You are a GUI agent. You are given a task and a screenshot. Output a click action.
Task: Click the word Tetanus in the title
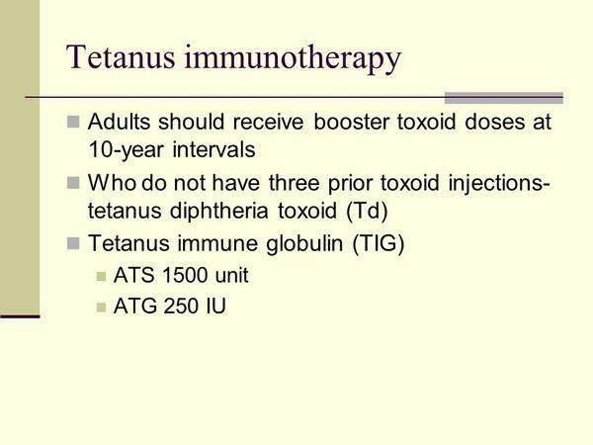pyautogui.click(x=121, y=57)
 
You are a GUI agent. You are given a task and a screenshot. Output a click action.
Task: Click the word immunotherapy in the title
pyautogui.click(x=293, y=59)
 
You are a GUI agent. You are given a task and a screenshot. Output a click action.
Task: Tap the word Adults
pyautogui.click(x=119, y=122)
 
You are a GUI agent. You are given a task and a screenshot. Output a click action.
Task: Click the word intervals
pyautogui.click(x=214, y=149)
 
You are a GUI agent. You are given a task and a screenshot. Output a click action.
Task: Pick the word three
pyautogui.click(x=295, y=183)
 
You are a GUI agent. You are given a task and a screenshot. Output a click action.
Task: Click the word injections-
pyautogui.click(x=499, y=183)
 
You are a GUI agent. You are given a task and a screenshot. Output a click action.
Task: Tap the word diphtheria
pyautogui.click(x=219, y=211)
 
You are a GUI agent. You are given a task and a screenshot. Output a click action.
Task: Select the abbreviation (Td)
pyautogui.click(x=367, y=211)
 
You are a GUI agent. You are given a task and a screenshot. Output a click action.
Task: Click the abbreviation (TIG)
pyautogui.click(x=379, y=243)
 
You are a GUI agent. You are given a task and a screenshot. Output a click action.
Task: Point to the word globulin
pyautogui.click(x=304, y=243)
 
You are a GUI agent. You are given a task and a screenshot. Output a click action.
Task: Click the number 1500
pyautogui.click(x=185, y=275)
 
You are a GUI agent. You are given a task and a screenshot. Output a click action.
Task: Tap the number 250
pyautogui.click(x=181, y=306)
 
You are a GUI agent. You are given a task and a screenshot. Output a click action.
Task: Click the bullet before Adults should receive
pyautogui.click(x=73, y=122)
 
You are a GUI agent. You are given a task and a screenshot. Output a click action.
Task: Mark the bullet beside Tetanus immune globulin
pyautogui.click(x=73, y=243)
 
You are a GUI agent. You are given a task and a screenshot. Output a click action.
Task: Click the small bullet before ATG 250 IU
pyautogui.click(x=101, y=307)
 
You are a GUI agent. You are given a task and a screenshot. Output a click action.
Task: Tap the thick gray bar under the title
pyautogui.click(x=504, y=98)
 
